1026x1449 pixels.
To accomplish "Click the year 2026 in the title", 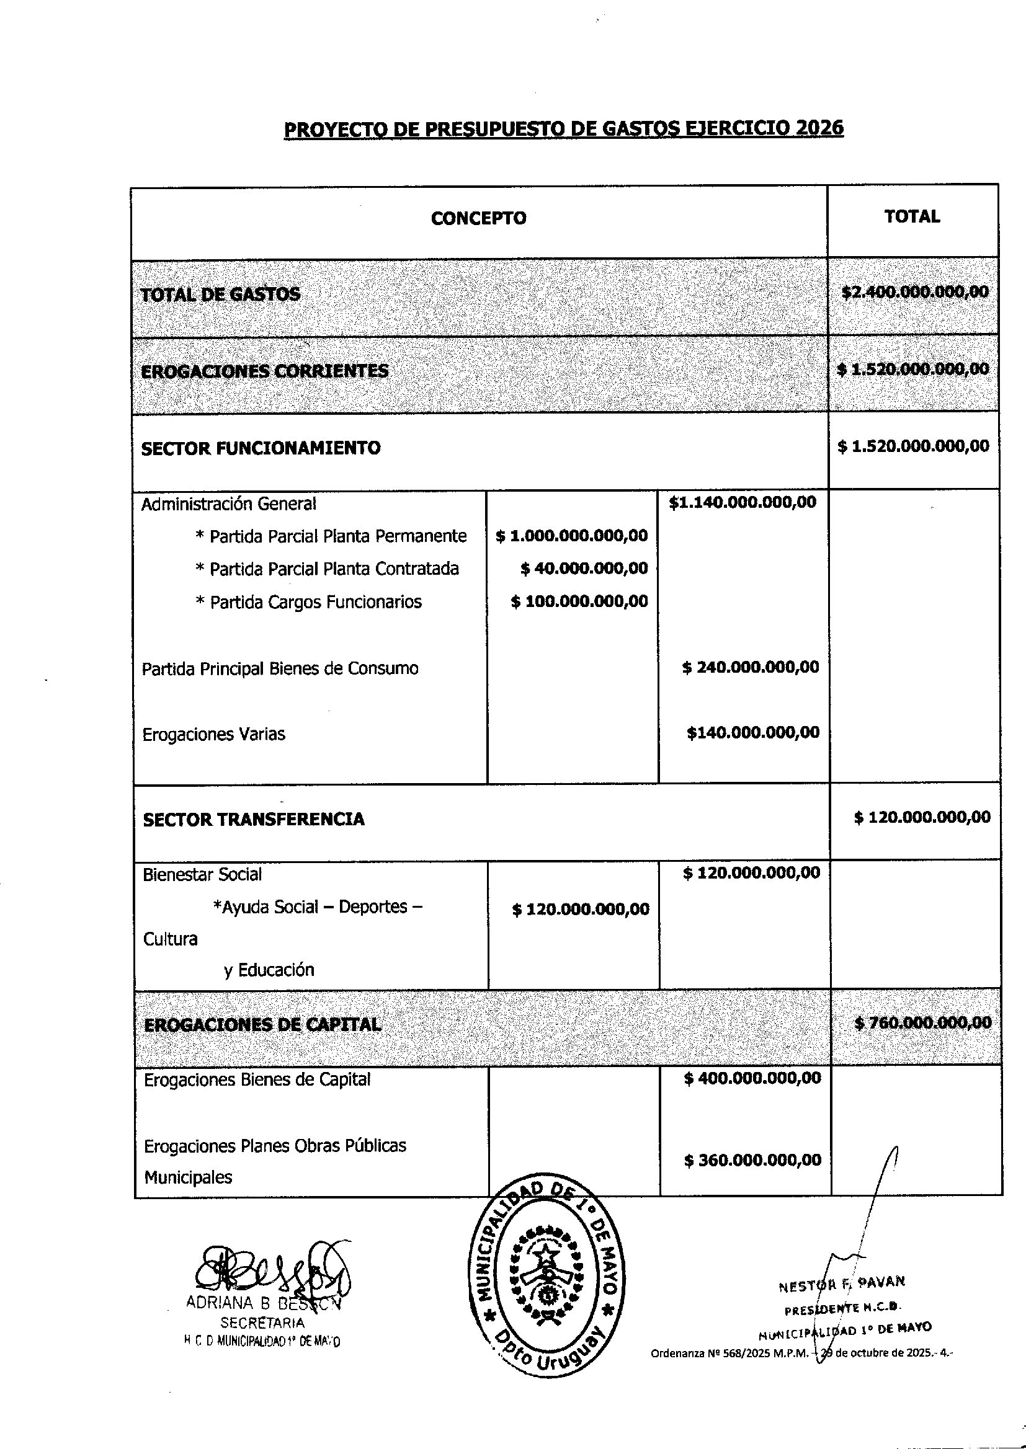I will pyautogui.click(x=819, y=128).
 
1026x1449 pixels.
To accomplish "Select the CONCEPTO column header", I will pyautogui.click(x=478, y=218).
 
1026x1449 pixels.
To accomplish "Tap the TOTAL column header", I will pyautogui.click(x=912, y=216).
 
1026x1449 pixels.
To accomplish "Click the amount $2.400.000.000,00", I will pyautogui.click(x=915, y=291).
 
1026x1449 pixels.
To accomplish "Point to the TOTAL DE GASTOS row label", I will pyautogui.click(x=220, y=295).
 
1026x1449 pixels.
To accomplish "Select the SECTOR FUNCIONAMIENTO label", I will pyautogui.click(x=261, y=448).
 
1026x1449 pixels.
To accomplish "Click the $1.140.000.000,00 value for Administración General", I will pyautogui.click(x=743, y=503).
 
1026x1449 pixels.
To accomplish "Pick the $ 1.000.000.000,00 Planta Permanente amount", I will pyautogui.click(x=572, y=536).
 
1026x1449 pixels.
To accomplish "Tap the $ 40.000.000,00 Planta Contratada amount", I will pyautogui.click(x=584, y=568).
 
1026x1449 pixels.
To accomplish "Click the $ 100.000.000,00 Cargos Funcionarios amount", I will pyautogui.click(x=579, y=601).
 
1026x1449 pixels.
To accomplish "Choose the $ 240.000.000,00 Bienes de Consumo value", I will pyautogui.click(x=751, y=667).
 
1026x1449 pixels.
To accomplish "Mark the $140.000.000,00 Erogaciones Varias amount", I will pyautogui.click(x=753, y=732).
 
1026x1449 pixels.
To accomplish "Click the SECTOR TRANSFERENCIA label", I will pyautogui.click(x=253, y=820).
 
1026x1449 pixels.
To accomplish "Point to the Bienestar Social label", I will pyautogui.click(x=202, y=874).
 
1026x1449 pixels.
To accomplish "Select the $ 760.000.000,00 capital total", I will pyautogui.click(x=922, y=1022).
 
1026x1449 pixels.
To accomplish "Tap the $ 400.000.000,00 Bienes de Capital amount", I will pyautogui.click(x=752, y=1078).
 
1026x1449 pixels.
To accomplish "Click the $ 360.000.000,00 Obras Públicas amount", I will pyautogui.click(x=752, y=1160).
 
